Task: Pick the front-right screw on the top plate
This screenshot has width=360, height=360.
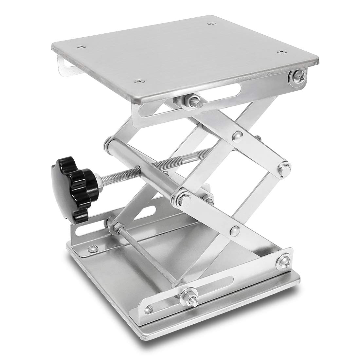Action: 281,51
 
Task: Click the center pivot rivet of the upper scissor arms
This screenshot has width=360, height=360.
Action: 237,135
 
